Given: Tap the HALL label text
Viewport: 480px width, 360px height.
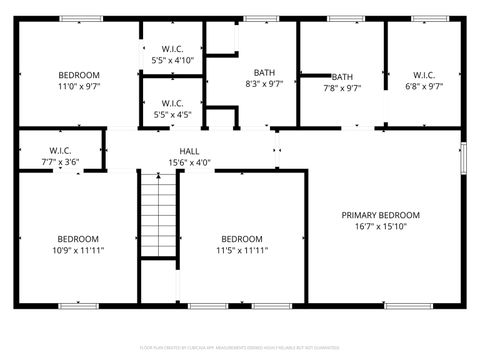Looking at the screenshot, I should click(189, 150).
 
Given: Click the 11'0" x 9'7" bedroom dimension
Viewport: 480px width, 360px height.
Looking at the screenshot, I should click(78, 87).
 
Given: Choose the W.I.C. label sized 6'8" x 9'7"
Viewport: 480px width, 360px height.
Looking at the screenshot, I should click(424, 75).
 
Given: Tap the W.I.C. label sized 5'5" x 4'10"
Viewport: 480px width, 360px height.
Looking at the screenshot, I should click(171, 49).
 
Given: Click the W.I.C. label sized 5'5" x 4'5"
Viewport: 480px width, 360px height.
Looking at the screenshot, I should click(171, 102).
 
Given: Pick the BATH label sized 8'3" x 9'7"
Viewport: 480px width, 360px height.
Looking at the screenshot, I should click(264, 72).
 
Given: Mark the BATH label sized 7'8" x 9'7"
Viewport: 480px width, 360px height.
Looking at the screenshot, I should click(342, 77).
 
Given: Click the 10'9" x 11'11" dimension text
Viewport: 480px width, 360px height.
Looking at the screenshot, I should click(78, 250).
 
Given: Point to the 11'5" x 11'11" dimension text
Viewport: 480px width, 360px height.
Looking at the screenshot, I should click(242, 250).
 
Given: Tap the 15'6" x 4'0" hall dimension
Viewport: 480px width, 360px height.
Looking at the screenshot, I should click(189, 162).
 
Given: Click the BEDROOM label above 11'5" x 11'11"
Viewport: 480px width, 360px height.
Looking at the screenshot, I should click(242, 238).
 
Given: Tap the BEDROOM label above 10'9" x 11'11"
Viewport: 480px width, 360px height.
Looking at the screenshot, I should click(78, 238).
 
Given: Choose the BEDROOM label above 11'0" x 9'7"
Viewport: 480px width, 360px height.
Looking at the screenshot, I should click(78, 75).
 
